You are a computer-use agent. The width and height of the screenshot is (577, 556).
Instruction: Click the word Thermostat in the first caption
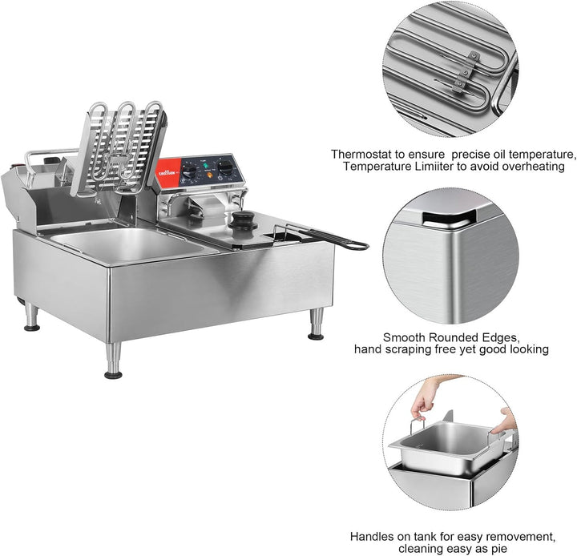coord(362,154)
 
